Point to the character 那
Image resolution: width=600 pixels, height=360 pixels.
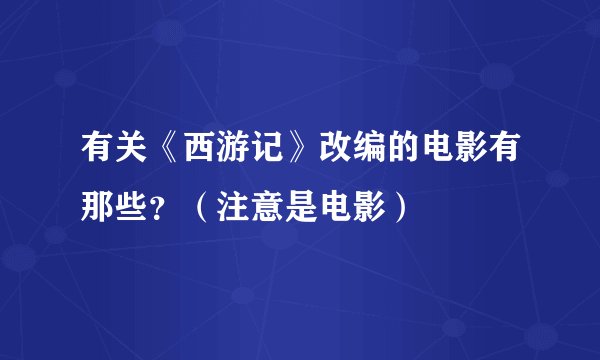coord(98,207)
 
